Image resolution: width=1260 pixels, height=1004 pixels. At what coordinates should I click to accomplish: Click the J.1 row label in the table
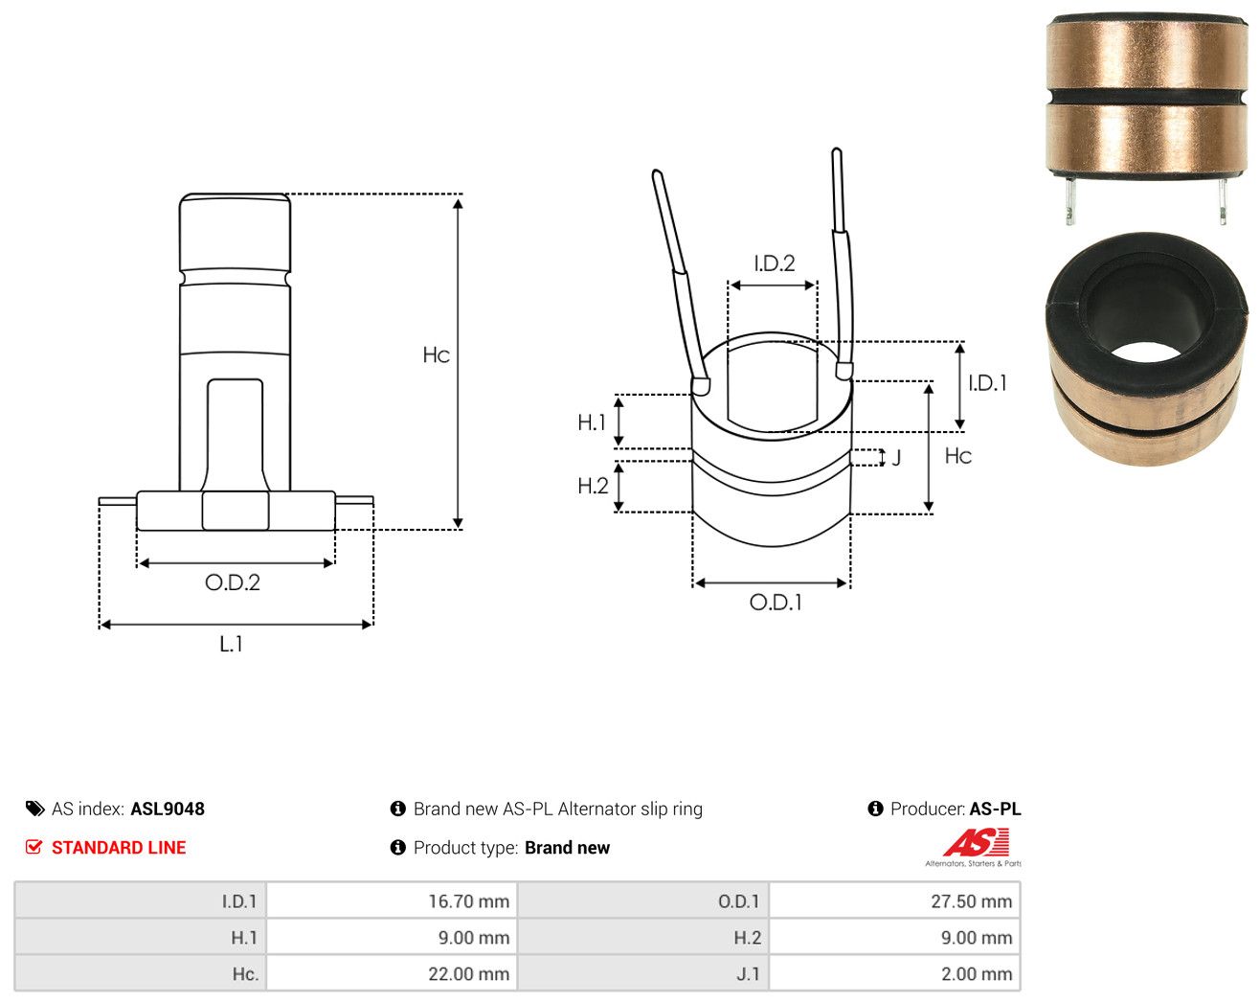[x=748, y=973]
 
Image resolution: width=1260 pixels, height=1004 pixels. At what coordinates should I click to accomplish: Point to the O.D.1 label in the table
[x=738, y=901]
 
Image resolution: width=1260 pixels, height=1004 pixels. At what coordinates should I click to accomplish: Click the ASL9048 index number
[x=168, y=809]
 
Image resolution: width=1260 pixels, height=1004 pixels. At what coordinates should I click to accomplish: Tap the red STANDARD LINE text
[x=119, y=847]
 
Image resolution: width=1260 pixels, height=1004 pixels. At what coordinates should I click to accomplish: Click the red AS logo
[x=976, y=842]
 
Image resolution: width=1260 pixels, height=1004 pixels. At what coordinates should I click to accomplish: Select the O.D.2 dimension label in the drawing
[x=233, y=582]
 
